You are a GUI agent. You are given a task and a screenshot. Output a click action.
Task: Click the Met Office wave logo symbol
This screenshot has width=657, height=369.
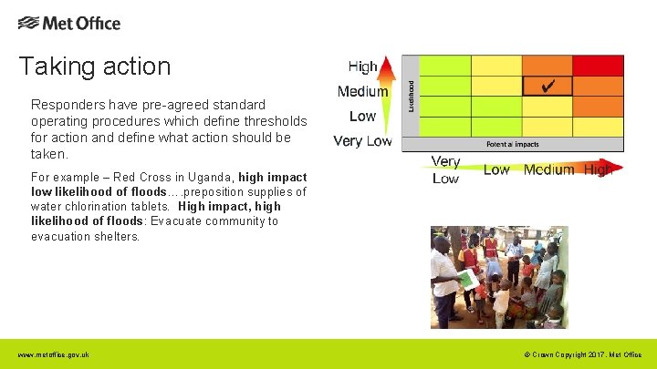pyautogui.click(x=28, y=23)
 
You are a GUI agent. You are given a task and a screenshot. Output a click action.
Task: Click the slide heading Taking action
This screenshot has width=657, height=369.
pyautogui.click(x=95, y=67)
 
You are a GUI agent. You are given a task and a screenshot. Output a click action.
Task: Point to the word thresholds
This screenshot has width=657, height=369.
pyautogui.click(x=273, y=121)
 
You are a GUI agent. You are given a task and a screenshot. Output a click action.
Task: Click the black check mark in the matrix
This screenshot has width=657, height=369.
pyautogui.click(x=547, y=86)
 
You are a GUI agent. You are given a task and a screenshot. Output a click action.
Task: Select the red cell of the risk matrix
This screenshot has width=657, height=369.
pyautogui.click(x=598, y=66)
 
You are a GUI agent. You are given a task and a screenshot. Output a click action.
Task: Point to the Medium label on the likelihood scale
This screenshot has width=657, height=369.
pyautogui.click(x=362, y=91)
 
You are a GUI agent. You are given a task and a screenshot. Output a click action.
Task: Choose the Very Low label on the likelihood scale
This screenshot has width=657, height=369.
pyautogui.click(x=362, y=141)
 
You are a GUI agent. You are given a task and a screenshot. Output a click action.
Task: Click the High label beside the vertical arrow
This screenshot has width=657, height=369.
pyautogui.click(x=362, y=67)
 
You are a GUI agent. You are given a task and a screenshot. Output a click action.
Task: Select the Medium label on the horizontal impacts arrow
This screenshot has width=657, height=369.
pyautogui.click(x=549, y=169)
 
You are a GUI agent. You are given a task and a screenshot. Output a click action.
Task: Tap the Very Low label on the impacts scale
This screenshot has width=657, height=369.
pyautogui.click(x=446, y=169)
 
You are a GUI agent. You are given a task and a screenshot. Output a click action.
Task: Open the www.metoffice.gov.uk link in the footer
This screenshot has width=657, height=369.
pyautogui.click(x=53, y=354)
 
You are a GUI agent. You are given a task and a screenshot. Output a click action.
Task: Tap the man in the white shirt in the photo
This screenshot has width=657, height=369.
pyautogui.click(x=446, y=273)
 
